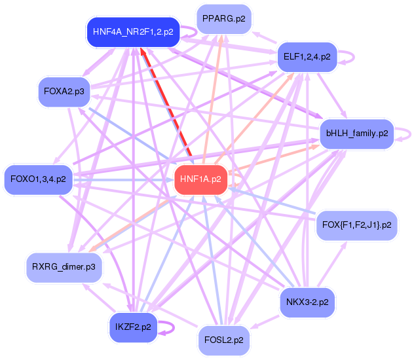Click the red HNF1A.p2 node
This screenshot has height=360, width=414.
pyautogui.click(x=200, y=180)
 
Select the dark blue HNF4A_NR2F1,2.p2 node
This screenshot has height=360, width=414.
pyautogui.click(x=134, y=32)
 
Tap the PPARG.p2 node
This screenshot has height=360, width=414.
pyautogui.click(x=224, y=19)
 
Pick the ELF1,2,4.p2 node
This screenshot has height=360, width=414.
pyautogui.click(x=307, y=57)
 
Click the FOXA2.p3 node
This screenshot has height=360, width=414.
pyautogui.click(x=64, y=92)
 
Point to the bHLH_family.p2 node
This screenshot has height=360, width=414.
pyautogui.click(x=357, y=134)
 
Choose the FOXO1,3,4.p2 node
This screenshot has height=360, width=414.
pyautogui.click(x=38, y=180)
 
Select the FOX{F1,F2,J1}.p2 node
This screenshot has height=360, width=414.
pyautogui.click(x=357, y=226)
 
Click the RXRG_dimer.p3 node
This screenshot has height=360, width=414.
pyautogui.click(x=64, y=268)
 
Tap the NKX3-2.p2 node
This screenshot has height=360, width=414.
pyautogui.click(x=307, y=302)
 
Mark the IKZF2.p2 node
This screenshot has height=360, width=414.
pyautogui.click(x=134, y=327)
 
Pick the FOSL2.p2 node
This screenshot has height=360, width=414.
pyautogui.click(x=224, y=340)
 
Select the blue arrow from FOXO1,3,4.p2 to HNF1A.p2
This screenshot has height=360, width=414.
pyautogui.click(x=123, y=180)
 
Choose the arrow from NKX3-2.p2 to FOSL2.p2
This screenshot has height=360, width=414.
pyautogui.click(x=265, y=322)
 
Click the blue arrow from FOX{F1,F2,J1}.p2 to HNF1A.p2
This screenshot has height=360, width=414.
pyautogui.click(x=272, y=200)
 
